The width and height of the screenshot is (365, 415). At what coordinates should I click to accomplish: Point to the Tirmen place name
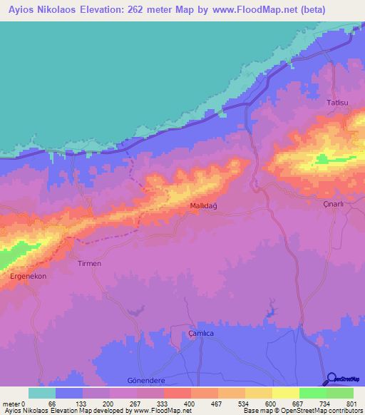pos(89,263)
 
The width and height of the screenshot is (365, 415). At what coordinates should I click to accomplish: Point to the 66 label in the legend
pos(51,404)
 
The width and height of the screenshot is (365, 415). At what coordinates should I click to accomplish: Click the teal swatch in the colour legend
pos(41,393)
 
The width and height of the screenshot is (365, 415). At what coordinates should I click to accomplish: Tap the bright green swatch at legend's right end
pos(339,393)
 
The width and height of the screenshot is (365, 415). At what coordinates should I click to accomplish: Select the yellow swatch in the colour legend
pos(258,393)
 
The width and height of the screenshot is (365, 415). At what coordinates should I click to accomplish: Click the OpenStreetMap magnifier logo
pos(332,379)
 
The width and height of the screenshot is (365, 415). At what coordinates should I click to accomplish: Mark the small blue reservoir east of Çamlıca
pos(271,311)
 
